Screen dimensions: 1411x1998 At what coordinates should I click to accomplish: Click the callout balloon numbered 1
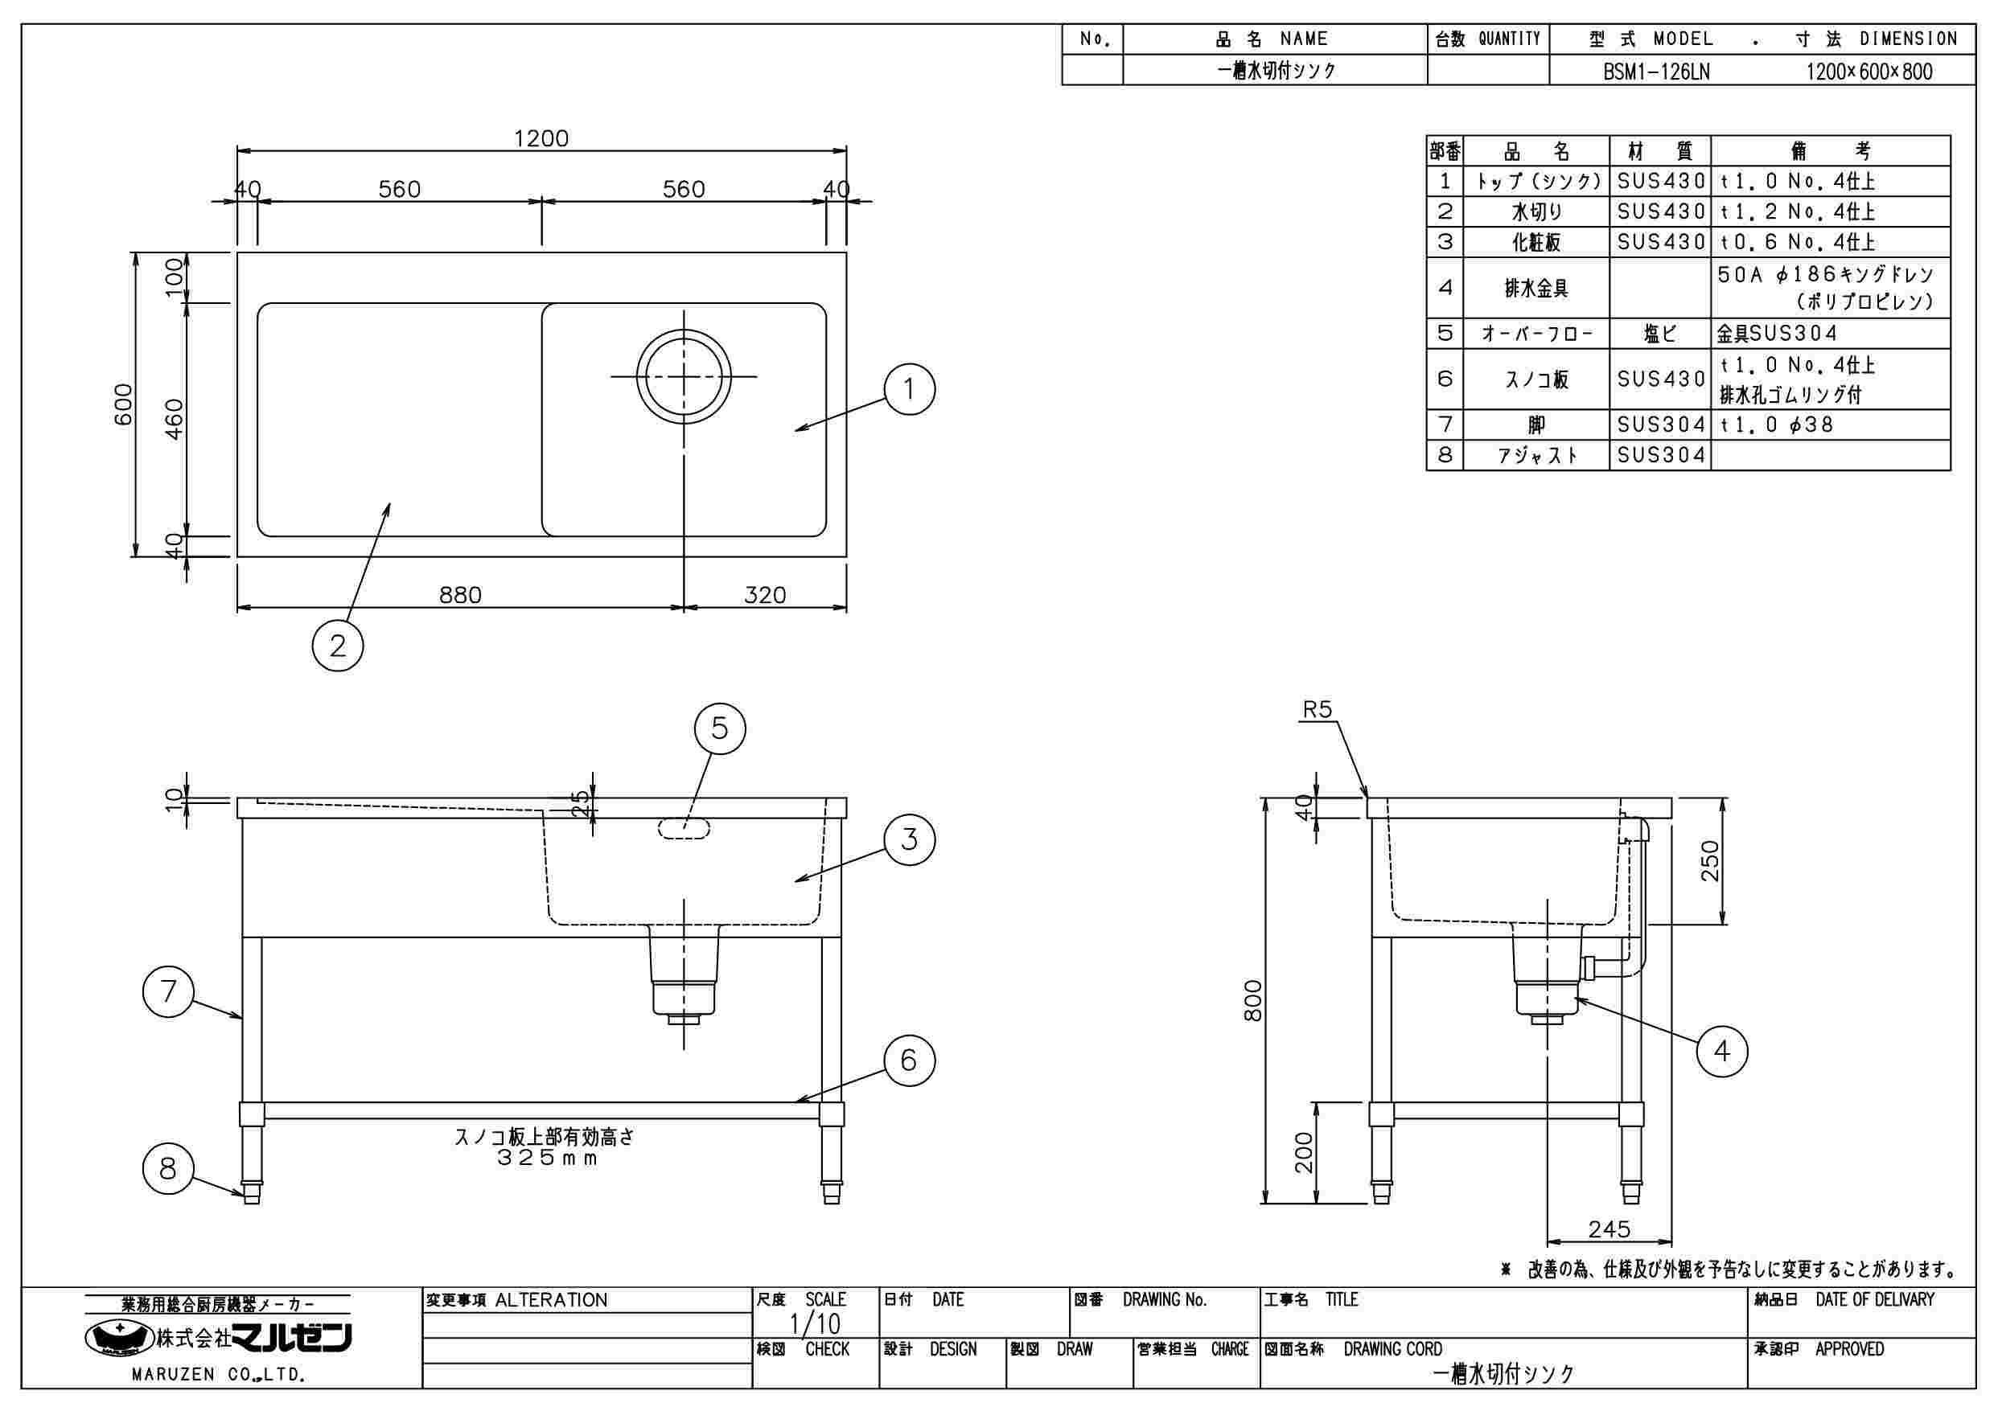(x=910, y=389)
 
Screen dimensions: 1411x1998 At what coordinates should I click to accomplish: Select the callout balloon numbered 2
(x=338, y=646)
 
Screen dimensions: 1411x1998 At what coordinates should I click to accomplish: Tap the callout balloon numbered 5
(x=720, y=728)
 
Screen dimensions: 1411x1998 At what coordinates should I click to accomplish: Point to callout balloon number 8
(x=168, y=1169)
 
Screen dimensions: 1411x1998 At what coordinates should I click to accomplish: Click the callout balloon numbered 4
(x=1722, y=1052)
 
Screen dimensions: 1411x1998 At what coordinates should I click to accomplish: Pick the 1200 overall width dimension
(x=541, y=139)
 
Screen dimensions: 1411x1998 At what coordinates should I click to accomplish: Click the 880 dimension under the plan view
(x=460, y=595)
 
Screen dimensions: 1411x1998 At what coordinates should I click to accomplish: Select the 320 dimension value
(x=765, y=595)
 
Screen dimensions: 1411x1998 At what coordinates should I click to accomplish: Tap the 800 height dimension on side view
(x=1253, y=1000)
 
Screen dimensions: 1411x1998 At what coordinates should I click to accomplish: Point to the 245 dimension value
(x=1609, y=1229)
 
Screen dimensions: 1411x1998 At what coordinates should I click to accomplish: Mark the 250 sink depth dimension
(x=1711, y=860)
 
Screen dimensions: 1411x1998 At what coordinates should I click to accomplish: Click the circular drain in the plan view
(x=684, y=375)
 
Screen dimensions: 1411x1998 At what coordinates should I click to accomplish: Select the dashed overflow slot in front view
(x=684, y=828)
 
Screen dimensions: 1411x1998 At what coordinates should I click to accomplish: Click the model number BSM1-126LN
(x=1657, y=72)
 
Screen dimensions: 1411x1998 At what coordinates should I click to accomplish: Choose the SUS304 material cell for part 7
(x=1660, y=425)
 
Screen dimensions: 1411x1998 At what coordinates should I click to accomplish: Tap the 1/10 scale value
(x=815, y=1325)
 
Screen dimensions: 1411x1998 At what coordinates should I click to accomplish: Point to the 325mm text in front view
(x=546, y=1159)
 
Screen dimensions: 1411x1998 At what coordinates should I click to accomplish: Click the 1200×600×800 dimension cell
(x=1869, y=72)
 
